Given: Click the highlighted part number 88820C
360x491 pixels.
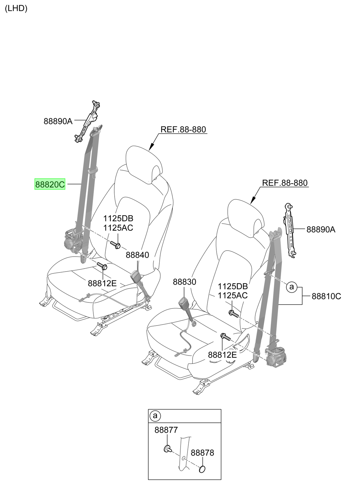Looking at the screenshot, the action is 50,184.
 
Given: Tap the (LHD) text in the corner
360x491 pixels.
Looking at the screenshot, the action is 16,8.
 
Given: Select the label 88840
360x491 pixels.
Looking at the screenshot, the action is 137,255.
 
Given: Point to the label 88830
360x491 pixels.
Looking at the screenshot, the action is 184,282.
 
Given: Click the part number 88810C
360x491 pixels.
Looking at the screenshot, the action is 326,296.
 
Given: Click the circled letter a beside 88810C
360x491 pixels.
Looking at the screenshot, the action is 291,287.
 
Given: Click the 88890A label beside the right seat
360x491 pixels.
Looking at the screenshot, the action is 321,230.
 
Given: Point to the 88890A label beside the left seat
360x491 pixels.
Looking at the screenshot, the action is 58,121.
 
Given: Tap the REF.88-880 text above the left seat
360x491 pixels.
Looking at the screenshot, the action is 183,129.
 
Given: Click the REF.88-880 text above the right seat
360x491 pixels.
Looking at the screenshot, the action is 285,183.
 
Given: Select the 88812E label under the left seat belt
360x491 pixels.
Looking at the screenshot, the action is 102,284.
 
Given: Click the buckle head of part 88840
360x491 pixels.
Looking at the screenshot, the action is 135,277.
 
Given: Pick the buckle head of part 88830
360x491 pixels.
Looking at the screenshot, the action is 184,304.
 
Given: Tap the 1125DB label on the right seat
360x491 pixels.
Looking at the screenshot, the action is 233,286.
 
